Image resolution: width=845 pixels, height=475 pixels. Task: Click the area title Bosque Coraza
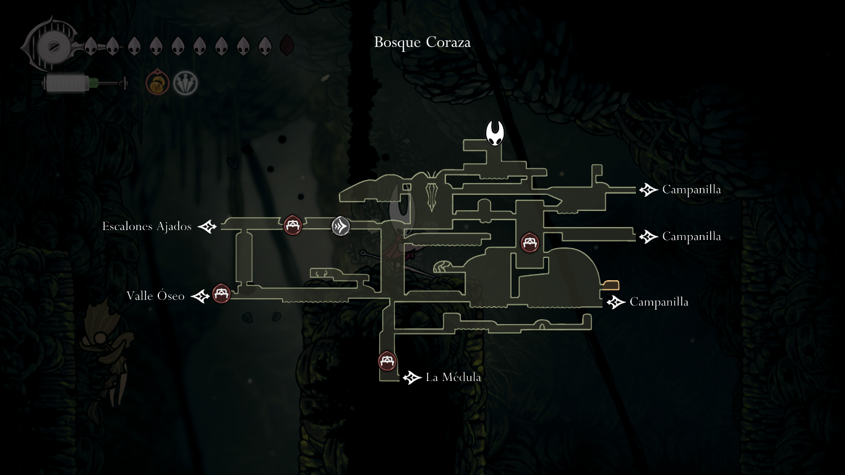[422, 42]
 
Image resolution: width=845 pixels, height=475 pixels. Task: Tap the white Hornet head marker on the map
[494, 133]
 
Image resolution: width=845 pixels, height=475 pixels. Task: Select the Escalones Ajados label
[147, 226]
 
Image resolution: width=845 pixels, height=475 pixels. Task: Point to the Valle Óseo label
[155, 296]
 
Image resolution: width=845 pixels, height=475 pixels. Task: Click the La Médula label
[453, 377]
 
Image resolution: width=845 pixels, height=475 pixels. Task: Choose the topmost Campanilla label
[692, 189]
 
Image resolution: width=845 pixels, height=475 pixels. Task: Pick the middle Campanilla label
[692, 236]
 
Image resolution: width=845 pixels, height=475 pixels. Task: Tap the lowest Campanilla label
[659, 302]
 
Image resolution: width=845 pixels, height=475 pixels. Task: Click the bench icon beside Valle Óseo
[221, 294]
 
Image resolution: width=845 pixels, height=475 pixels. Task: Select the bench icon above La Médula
[387, 361]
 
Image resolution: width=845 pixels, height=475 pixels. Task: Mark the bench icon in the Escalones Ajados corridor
[293, 225]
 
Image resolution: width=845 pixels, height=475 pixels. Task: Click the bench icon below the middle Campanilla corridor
[530, 242]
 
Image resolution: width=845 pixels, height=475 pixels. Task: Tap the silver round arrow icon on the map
[341, 226]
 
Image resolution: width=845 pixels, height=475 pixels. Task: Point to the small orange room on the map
[611, 285]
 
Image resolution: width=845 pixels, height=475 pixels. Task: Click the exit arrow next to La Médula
[412, 378]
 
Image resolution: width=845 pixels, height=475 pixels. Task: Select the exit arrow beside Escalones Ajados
[207, 227]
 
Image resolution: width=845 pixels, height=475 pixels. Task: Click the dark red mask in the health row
[287, 45]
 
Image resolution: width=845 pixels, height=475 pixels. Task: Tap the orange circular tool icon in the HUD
[157, 83]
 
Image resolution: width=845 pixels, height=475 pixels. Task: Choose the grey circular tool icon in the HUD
[185, 83]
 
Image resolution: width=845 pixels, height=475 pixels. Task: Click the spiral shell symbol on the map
[442, 267]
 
